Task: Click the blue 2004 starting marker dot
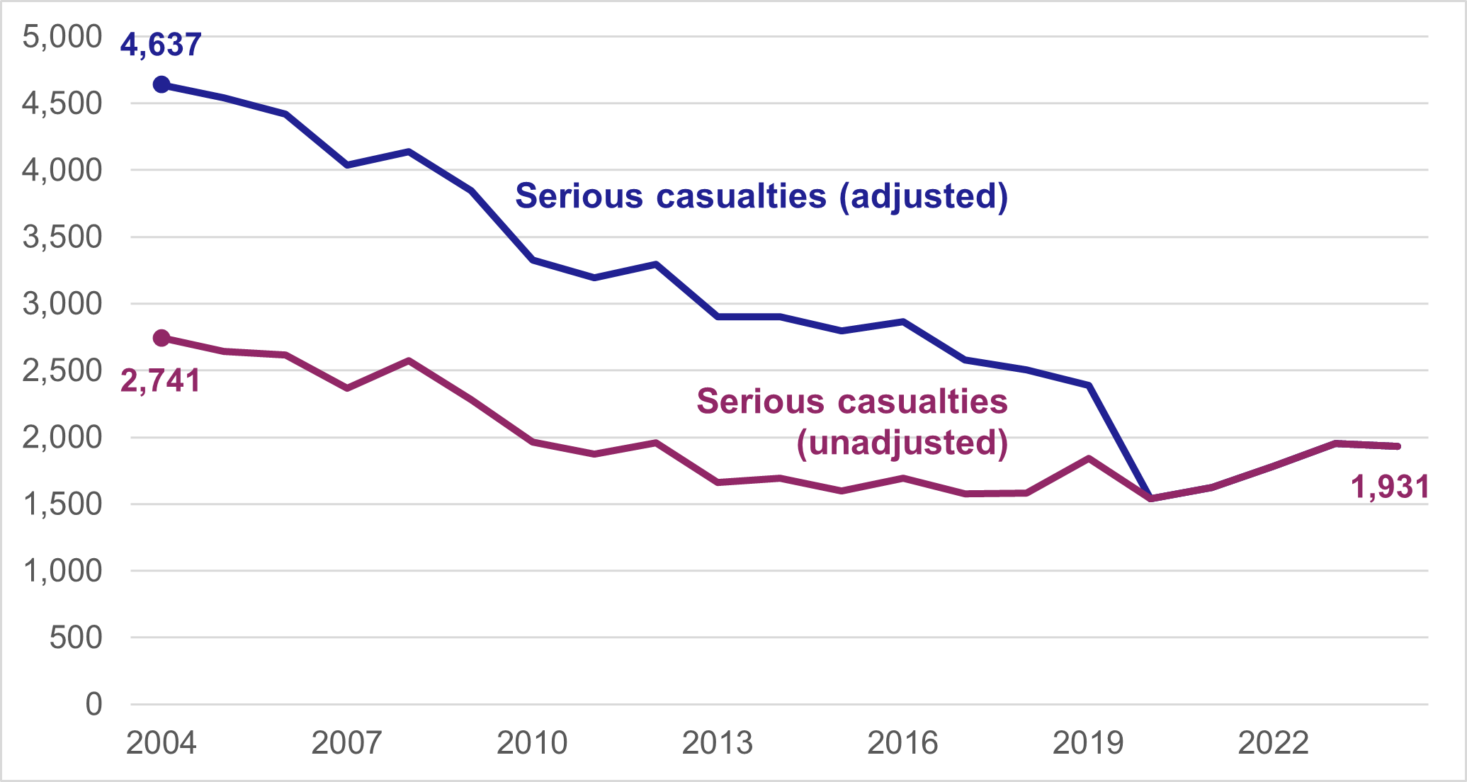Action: tap(162, 85)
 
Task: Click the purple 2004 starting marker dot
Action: tap(162, 338)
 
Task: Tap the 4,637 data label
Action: tap(161, 45)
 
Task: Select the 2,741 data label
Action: tap(161, 381)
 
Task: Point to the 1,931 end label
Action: tap(1390, 487)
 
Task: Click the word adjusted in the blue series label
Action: tap(923, 196)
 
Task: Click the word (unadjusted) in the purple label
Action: tap(902, 443)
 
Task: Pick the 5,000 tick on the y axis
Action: tap(62, 37)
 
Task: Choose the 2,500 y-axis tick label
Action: tap(62, 370)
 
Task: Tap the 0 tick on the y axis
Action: tap(94, 705)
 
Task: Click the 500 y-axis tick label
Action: tap(76, 637)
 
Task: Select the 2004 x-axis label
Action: tap(162, 743)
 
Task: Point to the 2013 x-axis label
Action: tap(718, 743)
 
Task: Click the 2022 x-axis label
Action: tap(1274, 743)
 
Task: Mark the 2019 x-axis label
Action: tap(1088, 743)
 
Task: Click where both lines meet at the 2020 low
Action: tap(1150, 498)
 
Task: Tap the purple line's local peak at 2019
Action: tap(1089, 458)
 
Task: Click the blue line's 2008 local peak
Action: tap(409, 152)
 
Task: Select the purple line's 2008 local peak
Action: tap(409, 361)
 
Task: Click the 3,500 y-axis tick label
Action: tap(62, 237)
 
